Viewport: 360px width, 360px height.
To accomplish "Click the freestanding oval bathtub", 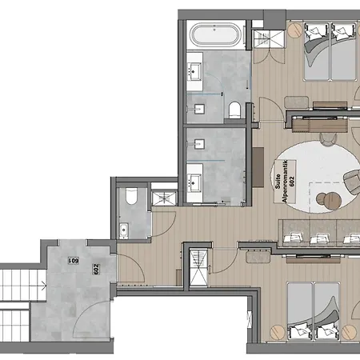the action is pos(215,34).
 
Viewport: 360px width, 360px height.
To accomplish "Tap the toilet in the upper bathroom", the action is pos(234,110).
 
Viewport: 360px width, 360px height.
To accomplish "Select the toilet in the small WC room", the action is pos(131,196).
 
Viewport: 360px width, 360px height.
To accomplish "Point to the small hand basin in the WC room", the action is pos(124,231).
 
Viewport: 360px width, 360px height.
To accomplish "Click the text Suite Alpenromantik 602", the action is pos(285,182).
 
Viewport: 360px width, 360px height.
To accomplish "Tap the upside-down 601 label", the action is pos(74,260).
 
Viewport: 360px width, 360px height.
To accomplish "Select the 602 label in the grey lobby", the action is pos(96,269).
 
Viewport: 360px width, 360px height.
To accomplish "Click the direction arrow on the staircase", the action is pos(44,286).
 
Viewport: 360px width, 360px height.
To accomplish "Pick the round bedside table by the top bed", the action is pos(294,30).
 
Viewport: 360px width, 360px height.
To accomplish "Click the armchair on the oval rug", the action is pos(352,182).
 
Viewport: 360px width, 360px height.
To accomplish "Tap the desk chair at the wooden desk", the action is pos(328,138).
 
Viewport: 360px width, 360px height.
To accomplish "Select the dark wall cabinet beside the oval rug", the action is pos(258,167).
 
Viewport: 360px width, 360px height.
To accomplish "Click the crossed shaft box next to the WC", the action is pos(164,198).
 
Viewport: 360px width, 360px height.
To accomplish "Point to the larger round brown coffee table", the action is pos(333,201).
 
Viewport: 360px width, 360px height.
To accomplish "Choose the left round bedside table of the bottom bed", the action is pos(278,332).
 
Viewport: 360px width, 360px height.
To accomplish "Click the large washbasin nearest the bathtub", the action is pos(194,71).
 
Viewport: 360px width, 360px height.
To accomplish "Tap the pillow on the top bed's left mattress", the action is pos(312,33).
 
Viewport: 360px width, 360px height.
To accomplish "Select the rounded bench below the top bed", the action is pos(297,102).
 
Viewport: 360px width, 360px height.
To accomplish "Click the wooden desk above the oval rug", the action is pos(320,126).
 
